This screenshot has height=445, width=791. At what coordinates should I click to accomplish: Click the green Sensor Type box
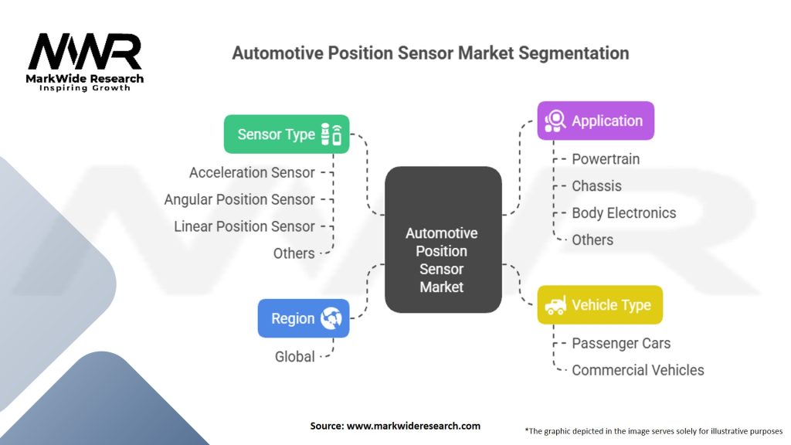point(287,134)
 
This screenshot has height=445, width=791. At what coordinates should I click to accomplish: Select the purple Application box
point(596,121)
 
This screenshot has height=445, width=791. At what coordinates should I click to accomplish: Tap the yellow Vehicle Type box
point(599,304)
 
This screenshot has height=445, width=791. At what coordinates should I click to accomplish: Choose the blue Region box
point(304,318)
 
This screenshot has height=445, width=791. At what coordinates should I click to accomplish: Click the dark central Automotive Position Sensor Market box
point(443,239)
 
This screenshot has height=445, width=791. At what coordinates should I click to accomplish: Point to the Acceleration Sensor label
point(252,172)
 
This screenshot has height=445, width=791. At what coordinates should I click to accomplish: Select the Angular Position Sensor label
point(239,200)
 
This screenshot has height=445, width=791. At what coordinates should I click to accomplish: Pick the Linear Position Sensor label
point(244,226)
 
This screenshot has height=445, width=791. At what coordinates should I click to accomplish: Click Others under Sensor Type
point(294,253)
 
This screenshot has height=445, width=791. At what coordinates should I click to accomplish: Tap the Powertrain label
point(606,159)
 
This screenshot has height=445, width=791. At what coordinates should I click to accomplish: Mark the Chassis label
point(596,186)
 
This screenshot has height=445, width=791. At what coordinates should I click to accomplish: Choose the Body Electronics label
point(623,213)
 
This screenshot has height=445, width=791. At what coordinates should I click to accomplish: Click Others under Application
point(592,239)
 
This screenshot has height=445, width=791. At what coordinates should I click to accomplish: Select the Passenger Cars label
point(621,343)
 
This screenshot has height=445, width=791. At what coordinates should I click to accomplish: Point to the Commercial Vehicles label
point(637,370)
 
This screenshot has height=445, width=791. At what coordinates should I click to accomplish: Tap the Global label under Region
point(294,357)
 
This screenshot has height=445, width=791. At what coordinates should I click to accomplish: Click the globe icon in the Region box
point(331,318)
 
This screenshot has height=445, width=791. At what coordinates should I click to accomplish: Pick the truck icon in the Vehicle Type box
point(555,304)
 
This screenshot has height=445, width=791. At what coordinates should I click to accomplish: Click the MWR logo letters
point(85,52)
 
